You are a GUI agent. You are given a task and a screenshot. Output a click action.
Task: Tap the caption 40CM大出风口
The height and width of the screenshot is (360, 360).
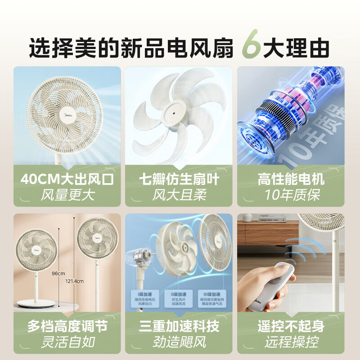(x=67, y=180)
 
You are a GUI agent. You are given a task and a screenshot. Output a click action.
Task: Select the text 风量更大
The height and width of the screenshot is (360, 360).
(x=67, y=195)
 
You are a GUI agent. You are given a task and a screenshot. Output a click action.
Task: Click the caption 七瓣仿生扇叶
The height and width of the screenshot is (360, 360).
(x=180, y=180)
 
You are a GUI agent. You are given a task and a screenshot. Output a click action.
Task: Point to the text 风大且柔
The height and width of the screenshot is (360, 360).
(x=180, y=195)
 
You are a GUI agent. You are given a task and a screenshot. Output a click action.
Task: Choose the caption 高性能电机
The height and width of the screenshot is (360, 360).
(x=291, y=180)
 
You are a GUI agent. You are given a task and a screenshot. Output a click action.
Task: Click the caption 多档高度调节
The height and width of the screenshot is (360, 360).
(x=67, y=326)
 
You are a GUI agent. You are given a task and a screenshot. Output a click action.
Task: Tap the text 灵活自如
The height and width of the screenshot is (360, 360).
(x=67, y=342)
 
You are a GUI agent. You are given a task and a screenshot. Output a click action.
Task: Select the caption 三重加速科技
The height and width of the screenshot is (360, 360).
(x=180, y=326)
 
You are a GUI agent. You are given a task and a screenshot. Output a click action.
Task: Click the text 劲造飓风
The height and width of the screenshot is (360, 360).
(x=180, y=342)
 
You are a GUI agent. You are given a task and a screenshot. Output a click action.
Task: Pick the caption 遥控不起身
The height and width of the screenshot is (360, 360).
(x=291, y=326)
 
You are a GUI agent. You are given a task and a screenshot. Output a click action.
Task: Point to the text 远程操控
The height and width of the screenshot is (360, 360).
(x=291, y=342)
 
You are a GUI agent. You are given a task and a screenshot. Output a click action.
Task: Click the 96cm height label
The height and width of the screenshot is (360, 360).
(x=58, y=273)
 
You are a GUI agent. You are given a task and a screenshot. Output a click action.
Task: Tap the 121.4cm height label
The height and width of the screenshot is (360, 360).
(x=74, y=281)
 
